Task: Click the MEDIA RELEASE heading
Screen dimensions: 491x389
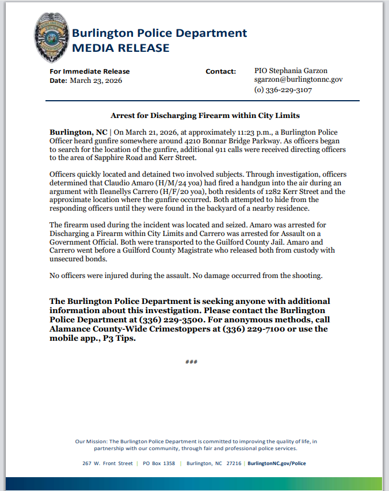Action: pos(121,48)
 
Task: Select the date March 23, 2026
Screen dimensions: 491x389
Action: pos(96,81)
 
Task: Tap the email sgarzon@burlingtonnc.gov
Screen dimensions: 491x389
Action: pos(298,80)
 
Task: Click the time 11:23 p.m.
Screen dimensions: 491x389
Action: pos(241,132)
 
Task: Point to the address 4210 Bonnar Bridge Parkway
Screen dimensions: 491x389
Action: pos(213,141)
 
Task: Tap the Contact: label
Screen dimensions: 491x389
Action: pos(221,71)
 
